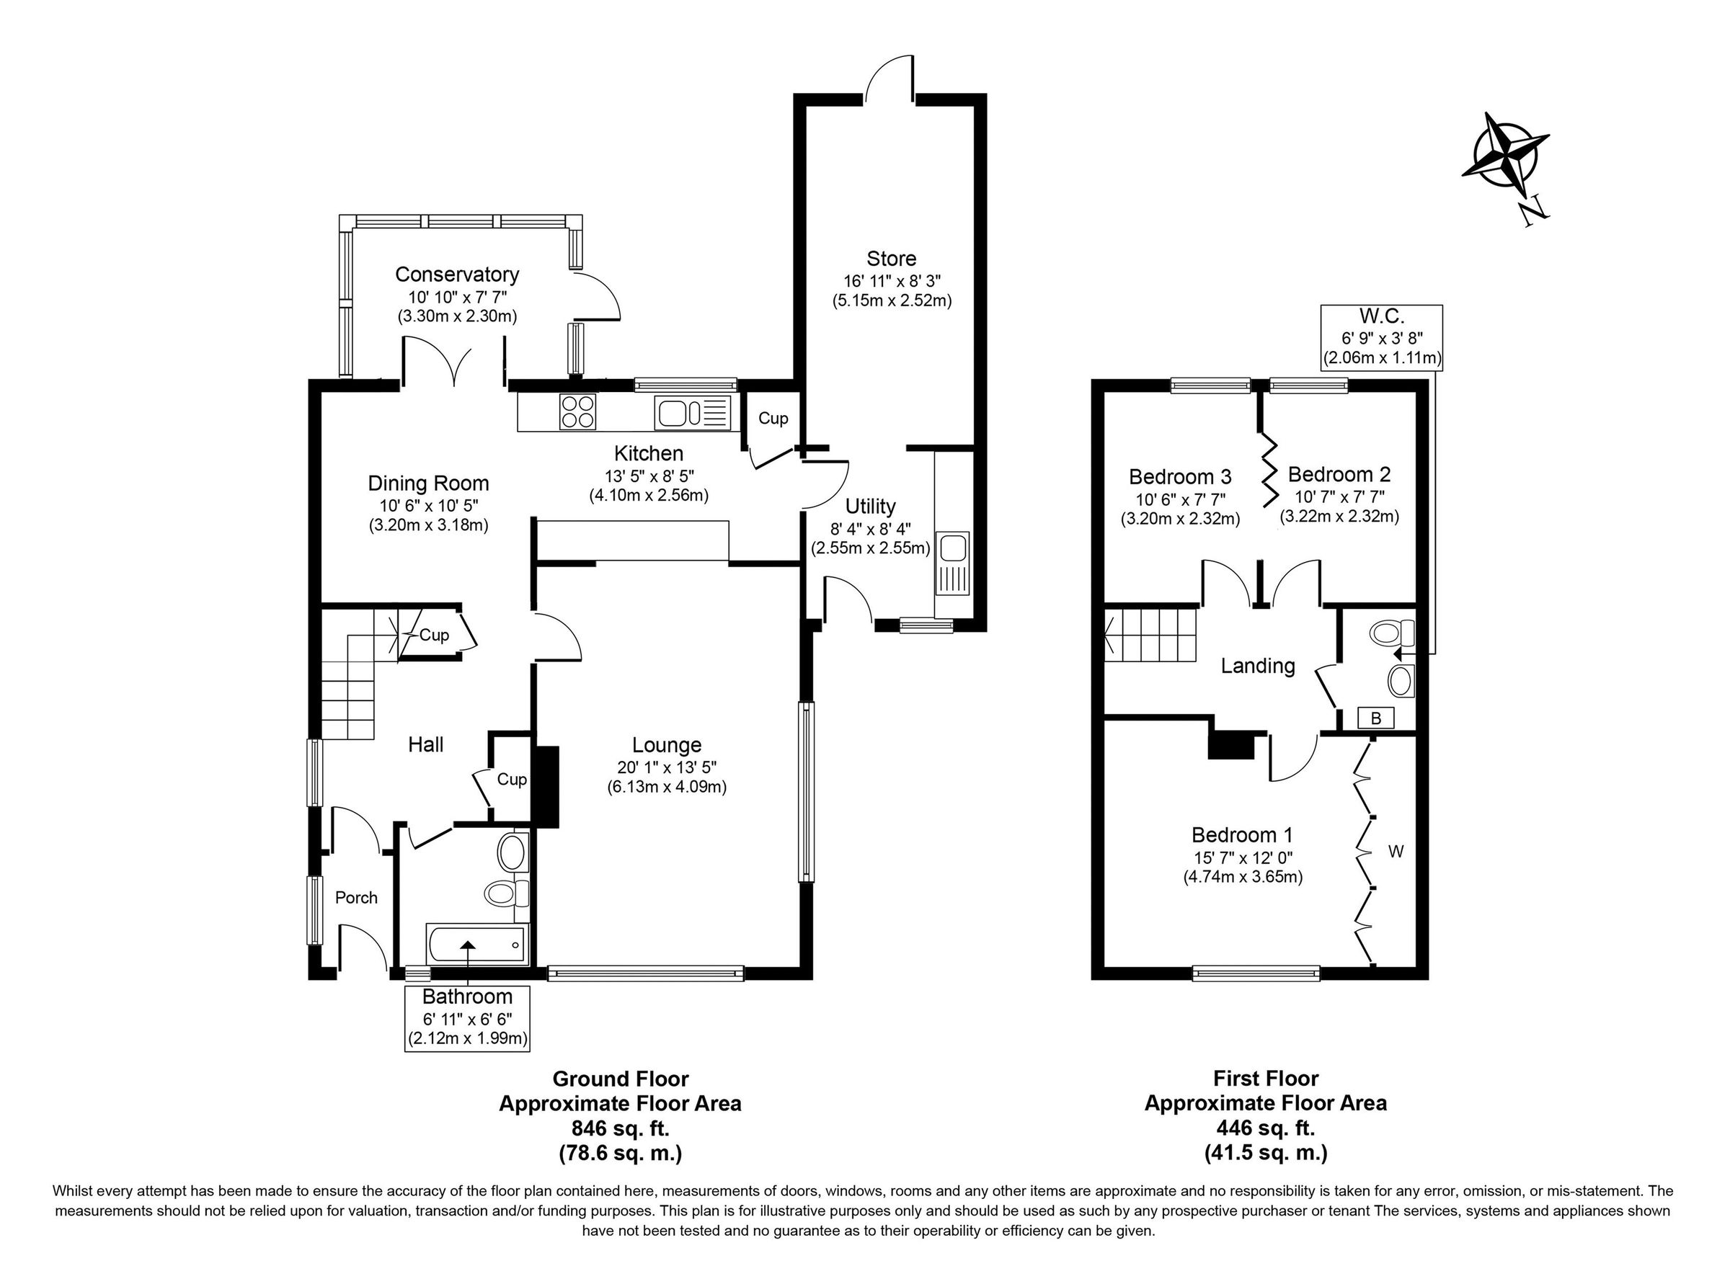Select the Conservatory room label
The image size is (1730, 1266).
pos(457,275)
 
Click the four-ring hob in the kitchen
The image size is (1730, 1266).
pos(578,410)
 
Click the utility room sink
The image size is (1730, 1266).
pos(953,564)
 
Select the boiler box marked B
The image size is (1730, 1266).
pos(1376,718)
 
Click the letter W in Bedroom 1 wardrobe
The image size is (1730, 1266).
pos(1396,852)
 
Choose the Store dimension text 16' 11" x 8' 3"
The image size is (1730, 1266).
pos(892,280)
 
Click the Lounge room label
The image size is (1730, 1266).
pos(666,745)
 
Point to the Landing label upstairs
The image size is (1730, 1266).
pos(1258,666)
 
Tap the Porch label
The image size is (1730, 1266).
pos(356,897)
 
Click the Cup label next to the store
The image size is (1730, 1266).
pos(773,419)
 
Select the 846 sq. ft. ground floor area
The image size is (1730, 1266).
pos(620,1128)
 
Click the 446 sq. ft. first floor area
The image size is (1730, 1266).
pos(1266,1128)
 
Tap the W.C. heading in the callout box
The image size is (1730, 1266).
pos(1381,316)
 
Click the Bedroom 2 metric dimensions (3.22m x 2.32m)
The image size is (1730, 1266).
pos(1339,517)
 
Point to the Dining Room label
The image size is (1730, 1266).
pos(428,483)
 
